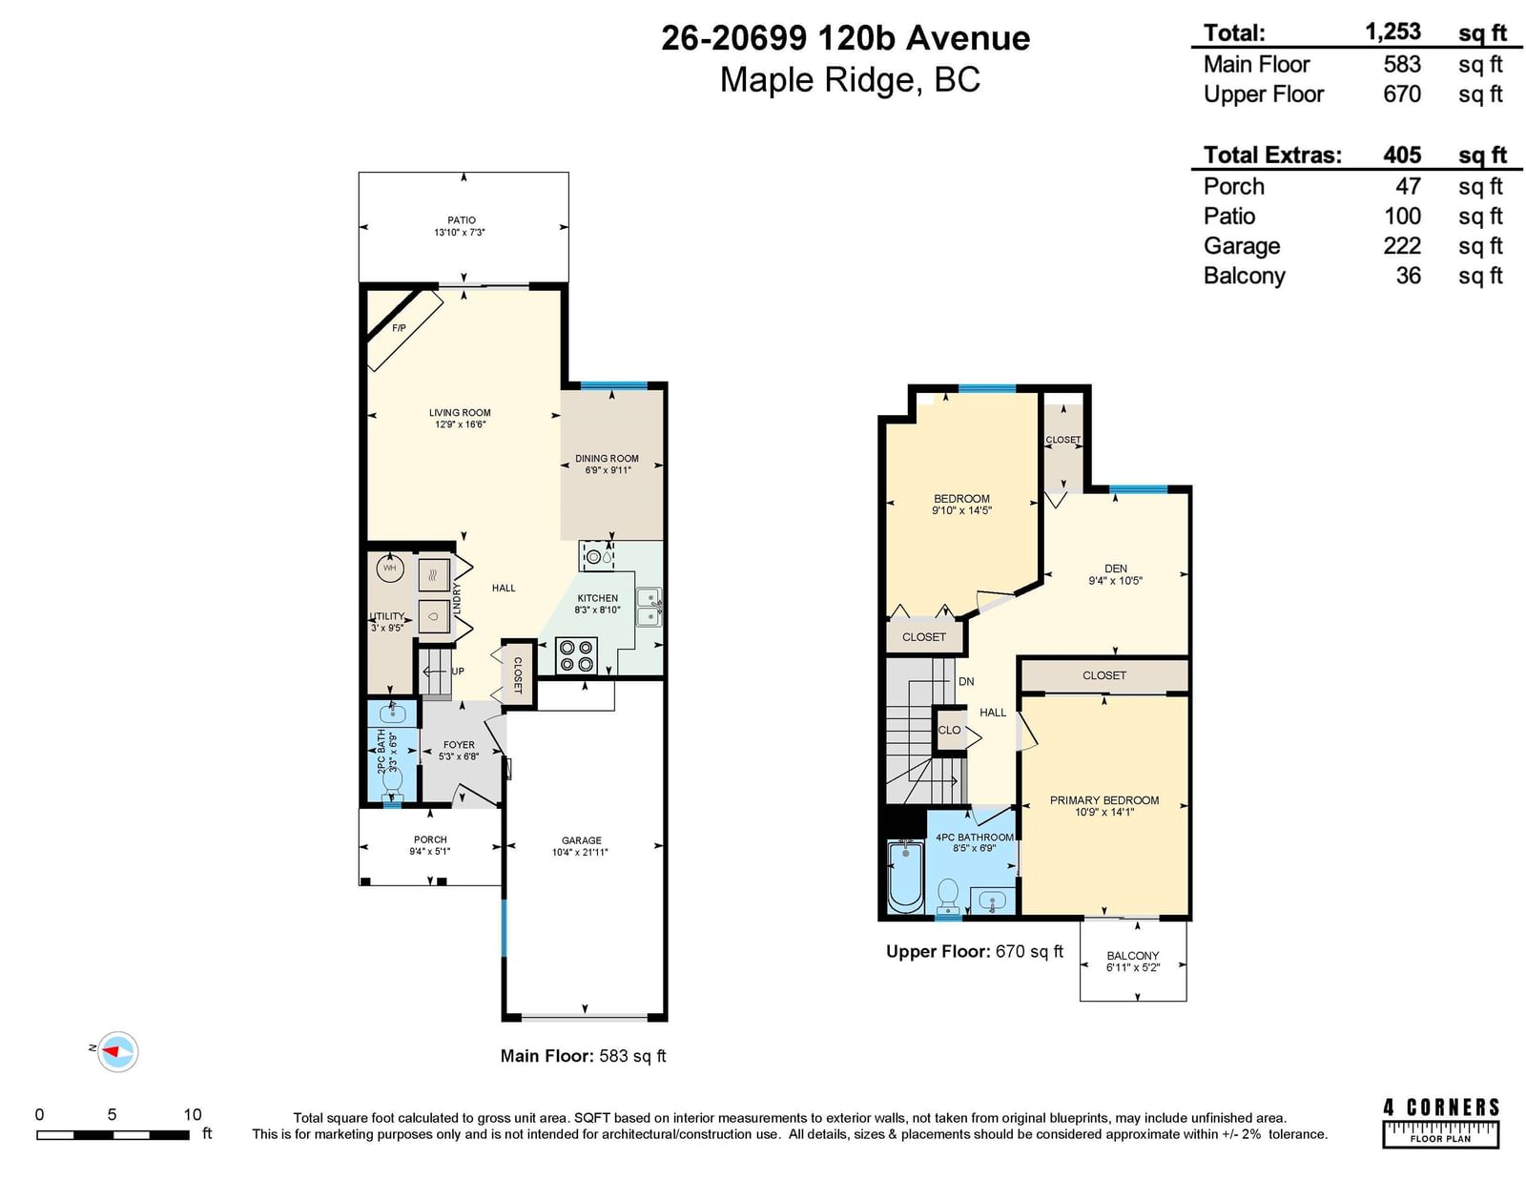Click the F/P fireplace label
399,328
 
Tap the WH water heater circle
390,568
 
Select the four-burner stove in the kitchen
577,655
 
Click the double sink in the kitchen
649,607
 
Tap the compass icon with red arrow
118,1051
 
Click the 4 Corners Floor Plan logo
1440,1124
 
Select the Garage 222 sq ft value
1402,246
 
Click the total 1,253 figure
1392,31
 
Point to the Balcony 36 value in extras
1408,276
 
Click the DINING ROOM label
607,459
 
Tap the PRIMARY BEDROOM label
1103,800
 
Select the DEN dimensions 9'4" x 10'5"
1115,581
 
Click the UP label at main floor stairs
458,672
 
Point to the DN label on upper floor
966,681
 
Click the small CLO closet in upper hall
949,730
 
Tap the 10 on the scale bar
193,1115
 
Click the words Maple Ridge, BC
850,80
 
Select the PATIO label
462,220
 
